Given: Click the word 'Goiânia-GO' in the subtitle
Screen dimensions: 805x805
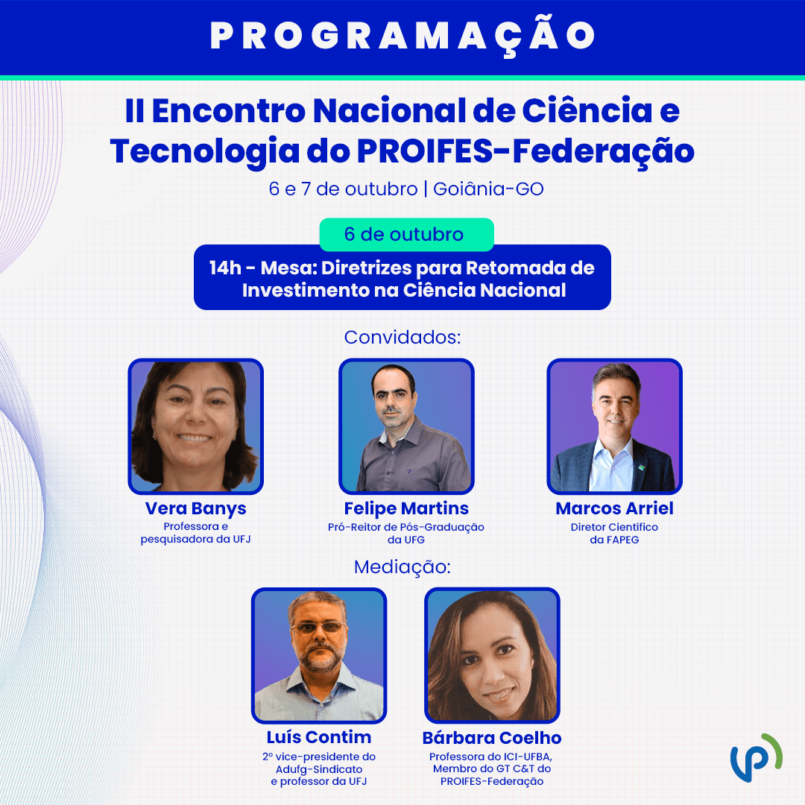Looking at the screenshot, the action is click(488, 189).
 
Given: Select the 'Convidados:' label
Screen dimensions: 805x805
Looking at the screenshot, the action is click(402, 338).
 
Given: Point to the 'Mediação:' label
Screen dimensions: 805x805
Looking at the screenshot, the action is click(402, 566).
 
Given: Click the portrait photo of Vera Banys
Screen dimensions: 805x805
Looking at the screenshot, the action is click(195, 426).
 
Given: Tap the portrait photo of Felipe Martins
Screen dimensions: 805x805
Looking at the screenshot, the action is click(406, 426).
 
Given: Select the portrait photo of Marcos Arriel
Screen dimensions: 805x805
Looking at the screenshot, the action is click(614, 426).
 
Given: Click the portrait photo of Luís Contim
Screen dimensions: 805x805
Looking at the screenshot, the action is click(319, 656).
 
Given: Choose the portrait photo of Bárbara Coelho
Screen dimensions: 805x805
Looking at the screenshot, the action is click(492, 656).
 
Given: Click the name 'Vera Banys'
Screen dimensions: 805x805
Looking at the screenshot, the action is click(195, 508).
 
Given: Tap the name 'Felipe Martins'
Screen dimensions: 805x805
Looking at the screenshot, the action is click(406, 508).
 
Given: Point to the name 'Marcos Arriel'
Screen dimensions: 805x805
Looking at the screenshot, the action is click(614, 508).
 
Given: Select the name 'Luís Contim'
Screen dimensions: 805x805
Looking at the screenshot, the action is click(319, 737).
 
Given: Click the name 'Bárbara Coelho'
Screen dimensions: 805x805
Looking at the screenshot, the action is click(492, 738).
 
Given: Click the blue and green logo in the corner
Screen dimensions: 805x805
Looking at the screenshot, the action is click(757, 758).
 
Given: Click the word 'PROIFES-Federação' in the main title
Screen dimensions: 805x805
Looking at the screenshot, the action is click(525, 152).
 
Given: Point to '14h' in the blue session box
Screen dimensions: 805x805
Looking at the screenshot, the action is click(225, 268).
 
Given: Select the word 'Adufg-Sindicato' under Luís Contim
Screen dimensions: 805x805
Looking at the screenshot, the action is click(319, 769).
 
